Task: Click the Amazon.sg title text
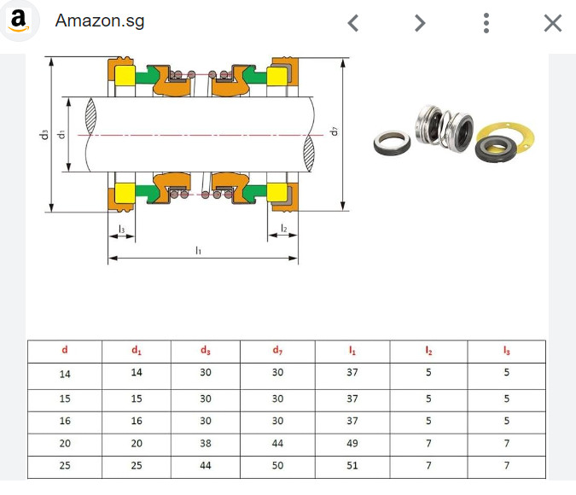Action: click(x=100, y=21)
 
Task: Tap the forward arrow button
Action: click(x=420, y=23)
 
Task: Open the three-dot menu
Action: click(x=486, y=23)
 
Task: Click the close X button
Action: click(x=552, y=23)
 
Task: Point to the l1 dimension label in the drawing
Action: click(x=199, y=250)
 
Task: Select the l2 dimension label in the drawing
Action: click(x=283, y=229)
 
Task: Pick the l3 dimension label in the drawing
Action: click(x=121, y=229)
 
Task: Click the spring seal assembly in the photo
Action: click(x=443, y=130)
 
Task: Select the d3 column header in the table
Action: click(x=206, y=350)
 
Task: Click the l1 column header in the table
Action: click(x=352, y=350)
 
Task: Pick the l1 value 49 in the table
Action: click(x=352, y=444)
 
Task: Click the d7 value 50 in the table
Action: click(x=278, y=467)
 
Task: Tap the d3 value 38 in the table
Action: click(x=206, y=444)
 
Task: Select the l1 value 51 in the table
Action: click(x=352, y=467)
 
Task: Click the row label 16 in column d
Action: click(x=66, y=422)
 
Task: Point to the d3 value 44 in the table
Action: click(x=206, y=467)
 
